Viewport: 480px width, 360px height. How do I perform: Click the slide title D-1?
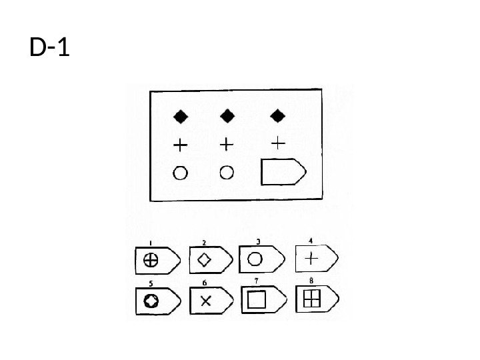coord(51,48)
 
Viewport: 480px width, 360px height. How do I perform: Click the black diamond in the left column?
coord(181,117)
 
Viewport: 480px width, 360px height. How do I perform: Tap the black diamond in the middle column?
coord(227,117)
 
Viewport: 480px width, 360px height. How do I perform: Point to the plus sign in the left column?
coord(181,144)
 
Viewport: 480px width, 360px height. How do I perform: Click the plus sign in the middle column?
coord(227,144)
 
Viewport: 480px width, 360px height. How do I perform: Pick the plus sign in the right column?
coord(279,142)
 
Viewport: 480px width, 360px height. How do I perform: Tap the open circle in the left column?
coord(181,173)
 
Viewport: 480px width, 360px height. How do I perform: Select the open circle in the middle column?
coord(227,173)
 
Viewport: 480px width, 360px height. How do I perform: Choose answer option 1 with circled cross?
coord(156,260)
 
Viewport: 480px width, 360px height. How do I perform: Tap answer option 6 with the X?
coord(209,301)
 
